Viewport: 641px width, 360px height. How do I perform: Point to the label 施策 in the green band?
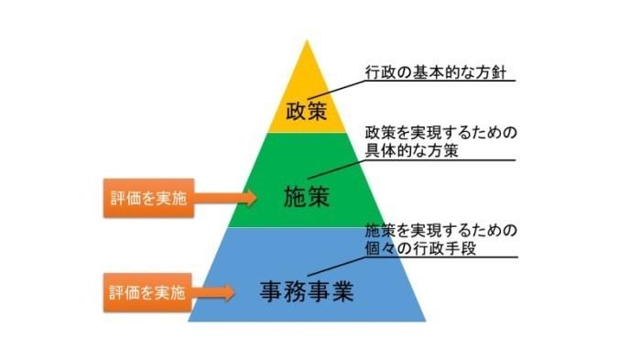[x=306, y=196]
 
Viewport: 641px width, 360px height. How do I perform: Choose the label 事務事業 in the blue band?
[x=306, y=293]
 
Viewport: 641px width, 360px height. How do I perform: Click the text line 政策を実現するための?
[x=441, y=134]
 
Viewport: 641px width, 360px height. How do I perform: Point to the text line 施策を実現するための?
[x=441, y=229]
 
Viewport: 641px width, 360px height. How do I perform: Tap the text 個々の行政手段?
[x=417, y=246]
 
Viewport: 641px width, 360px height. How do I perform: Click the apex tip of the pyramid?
[x=306, y=43]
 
